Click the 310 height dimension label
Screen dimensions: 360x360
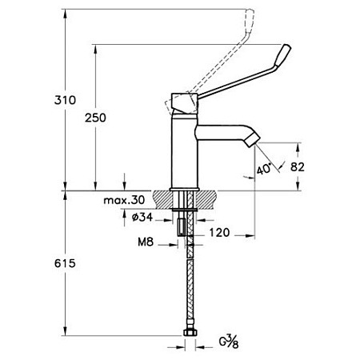[x=65, y=100]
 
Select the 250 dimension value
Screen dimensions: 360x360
[x=95, y=118]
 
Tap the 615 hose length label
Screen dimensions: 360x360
[x=65, y=263]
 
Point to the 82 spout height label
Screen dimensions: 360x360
[x=298, y=167]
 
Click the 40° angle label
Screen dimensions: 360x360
[x=264, y=169]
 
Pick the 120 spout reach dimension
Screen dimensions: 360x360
[x=219, y=233]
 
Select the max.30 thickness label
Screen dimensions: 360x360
[x=124, y=200]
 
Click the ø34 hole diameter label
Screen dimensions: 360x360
[x=142, y=217]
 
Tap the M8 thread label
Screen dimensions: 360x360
[x=146, y=242]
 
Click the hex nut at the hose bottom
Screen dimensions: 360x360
[x=190, y=333]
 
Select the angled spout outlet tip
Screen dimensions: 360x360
[x=252, y=139]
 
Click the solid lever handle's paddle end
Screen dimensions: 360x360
[x=283, y=58]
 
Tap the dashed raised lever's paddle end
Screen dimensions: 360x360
[x=250, y=22]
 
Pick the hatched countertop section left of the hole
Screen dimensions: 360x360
[x=162, y=200]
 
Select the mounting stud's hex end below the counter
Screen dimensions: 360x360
[x=181, y=226]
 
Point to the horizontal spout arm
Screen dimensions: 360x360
[x=222, y=133]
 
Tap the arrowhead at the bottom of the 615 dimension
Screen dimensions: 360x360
[x=65, y=331]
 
